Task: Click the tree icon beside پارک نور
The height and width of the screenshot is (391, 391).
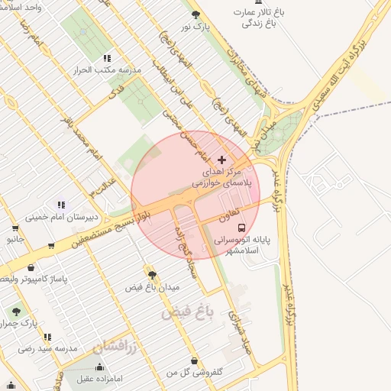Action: (195, 14)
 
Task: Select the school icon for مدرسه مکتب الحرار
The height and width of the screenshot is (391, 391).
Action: (107, 58)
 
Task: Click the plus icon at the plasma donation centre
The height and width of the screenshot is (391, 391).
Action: (221, 160)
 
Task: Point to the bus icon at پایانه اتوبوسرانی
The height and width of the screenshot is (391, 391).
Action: (241, 228)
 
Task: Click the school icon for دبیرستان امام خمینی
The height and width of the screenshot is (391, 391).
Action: (60, 205)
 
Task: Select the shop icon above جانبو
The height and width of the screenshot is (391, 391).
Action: (15, 228)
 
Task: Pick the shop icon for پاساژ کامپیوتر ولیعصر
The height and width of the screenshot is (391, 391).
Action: (31, 268)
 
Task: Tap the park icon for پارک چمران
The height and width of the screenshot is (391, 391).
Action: (15, 312)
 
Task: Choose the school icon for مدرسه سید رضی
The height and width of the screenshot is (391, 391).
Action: (47, 337)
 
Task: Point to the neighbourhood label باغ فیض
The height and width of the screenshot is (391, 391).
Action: (185, 312)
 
